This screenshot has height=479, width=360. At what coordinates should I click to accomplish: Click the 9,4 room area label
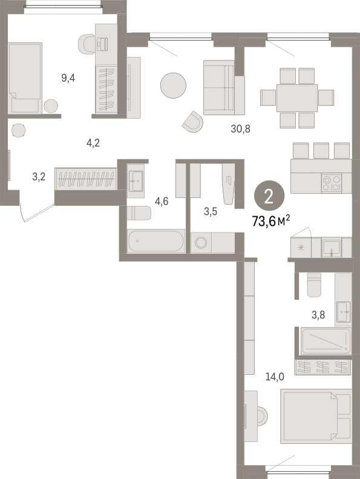tap(68, 79)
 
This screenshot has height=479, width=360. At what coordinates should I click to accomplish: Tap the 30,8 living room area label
tap(241, 129)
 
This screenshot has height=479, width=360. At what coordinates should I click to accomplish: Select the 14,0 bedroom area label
tap(275, 377)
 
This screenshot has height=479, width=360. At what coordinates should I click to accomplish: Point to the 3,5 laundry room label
tap(211, 211)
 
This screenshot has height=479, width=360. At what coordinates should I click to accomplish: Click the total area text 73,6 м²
tap(271, 220)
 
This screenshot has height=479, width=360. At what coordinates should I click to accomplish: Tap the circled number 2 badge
tap(269, 197)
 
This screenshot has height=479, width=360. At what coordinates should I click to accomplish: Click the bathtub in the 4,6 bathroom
tap(156, 241)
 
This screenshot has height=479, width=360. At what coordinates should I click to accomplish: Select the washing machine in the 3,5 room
tap(201, 243)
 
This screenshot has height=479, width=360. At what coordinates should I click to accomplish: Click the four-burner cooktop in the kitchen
tap(332, 183)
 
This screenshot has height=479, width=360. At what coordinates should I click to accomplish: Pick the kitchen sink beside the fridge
tap(332, 248)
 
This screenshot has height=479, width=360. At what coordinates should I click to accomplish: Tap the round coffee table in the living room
tap(174, 85)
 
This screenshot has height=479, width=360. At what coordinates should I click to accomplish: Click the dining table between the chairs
tap(297, 98)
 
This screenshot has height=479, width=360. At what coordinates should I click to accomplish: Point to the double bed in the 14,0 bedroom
tap(316, 416)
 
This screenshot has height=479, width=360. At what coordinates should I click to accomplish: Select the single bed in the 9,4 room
tap(25, 78)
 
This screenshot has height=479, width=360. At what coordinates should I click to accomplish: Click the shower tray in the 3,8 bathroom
tap(326, 340)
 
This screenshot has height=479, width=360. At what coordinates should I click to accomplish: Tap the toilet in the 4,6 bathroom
tap(139, 213)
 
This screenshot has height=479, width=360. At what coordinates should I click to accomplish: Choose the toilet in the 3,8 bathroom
tap(315, 285)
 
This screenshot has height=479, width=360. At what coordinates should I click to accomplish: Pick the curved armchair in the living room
tap(193, 122)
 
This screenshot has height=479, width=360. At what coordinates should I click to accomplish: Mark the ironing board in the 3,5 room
tap(229, 183)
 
